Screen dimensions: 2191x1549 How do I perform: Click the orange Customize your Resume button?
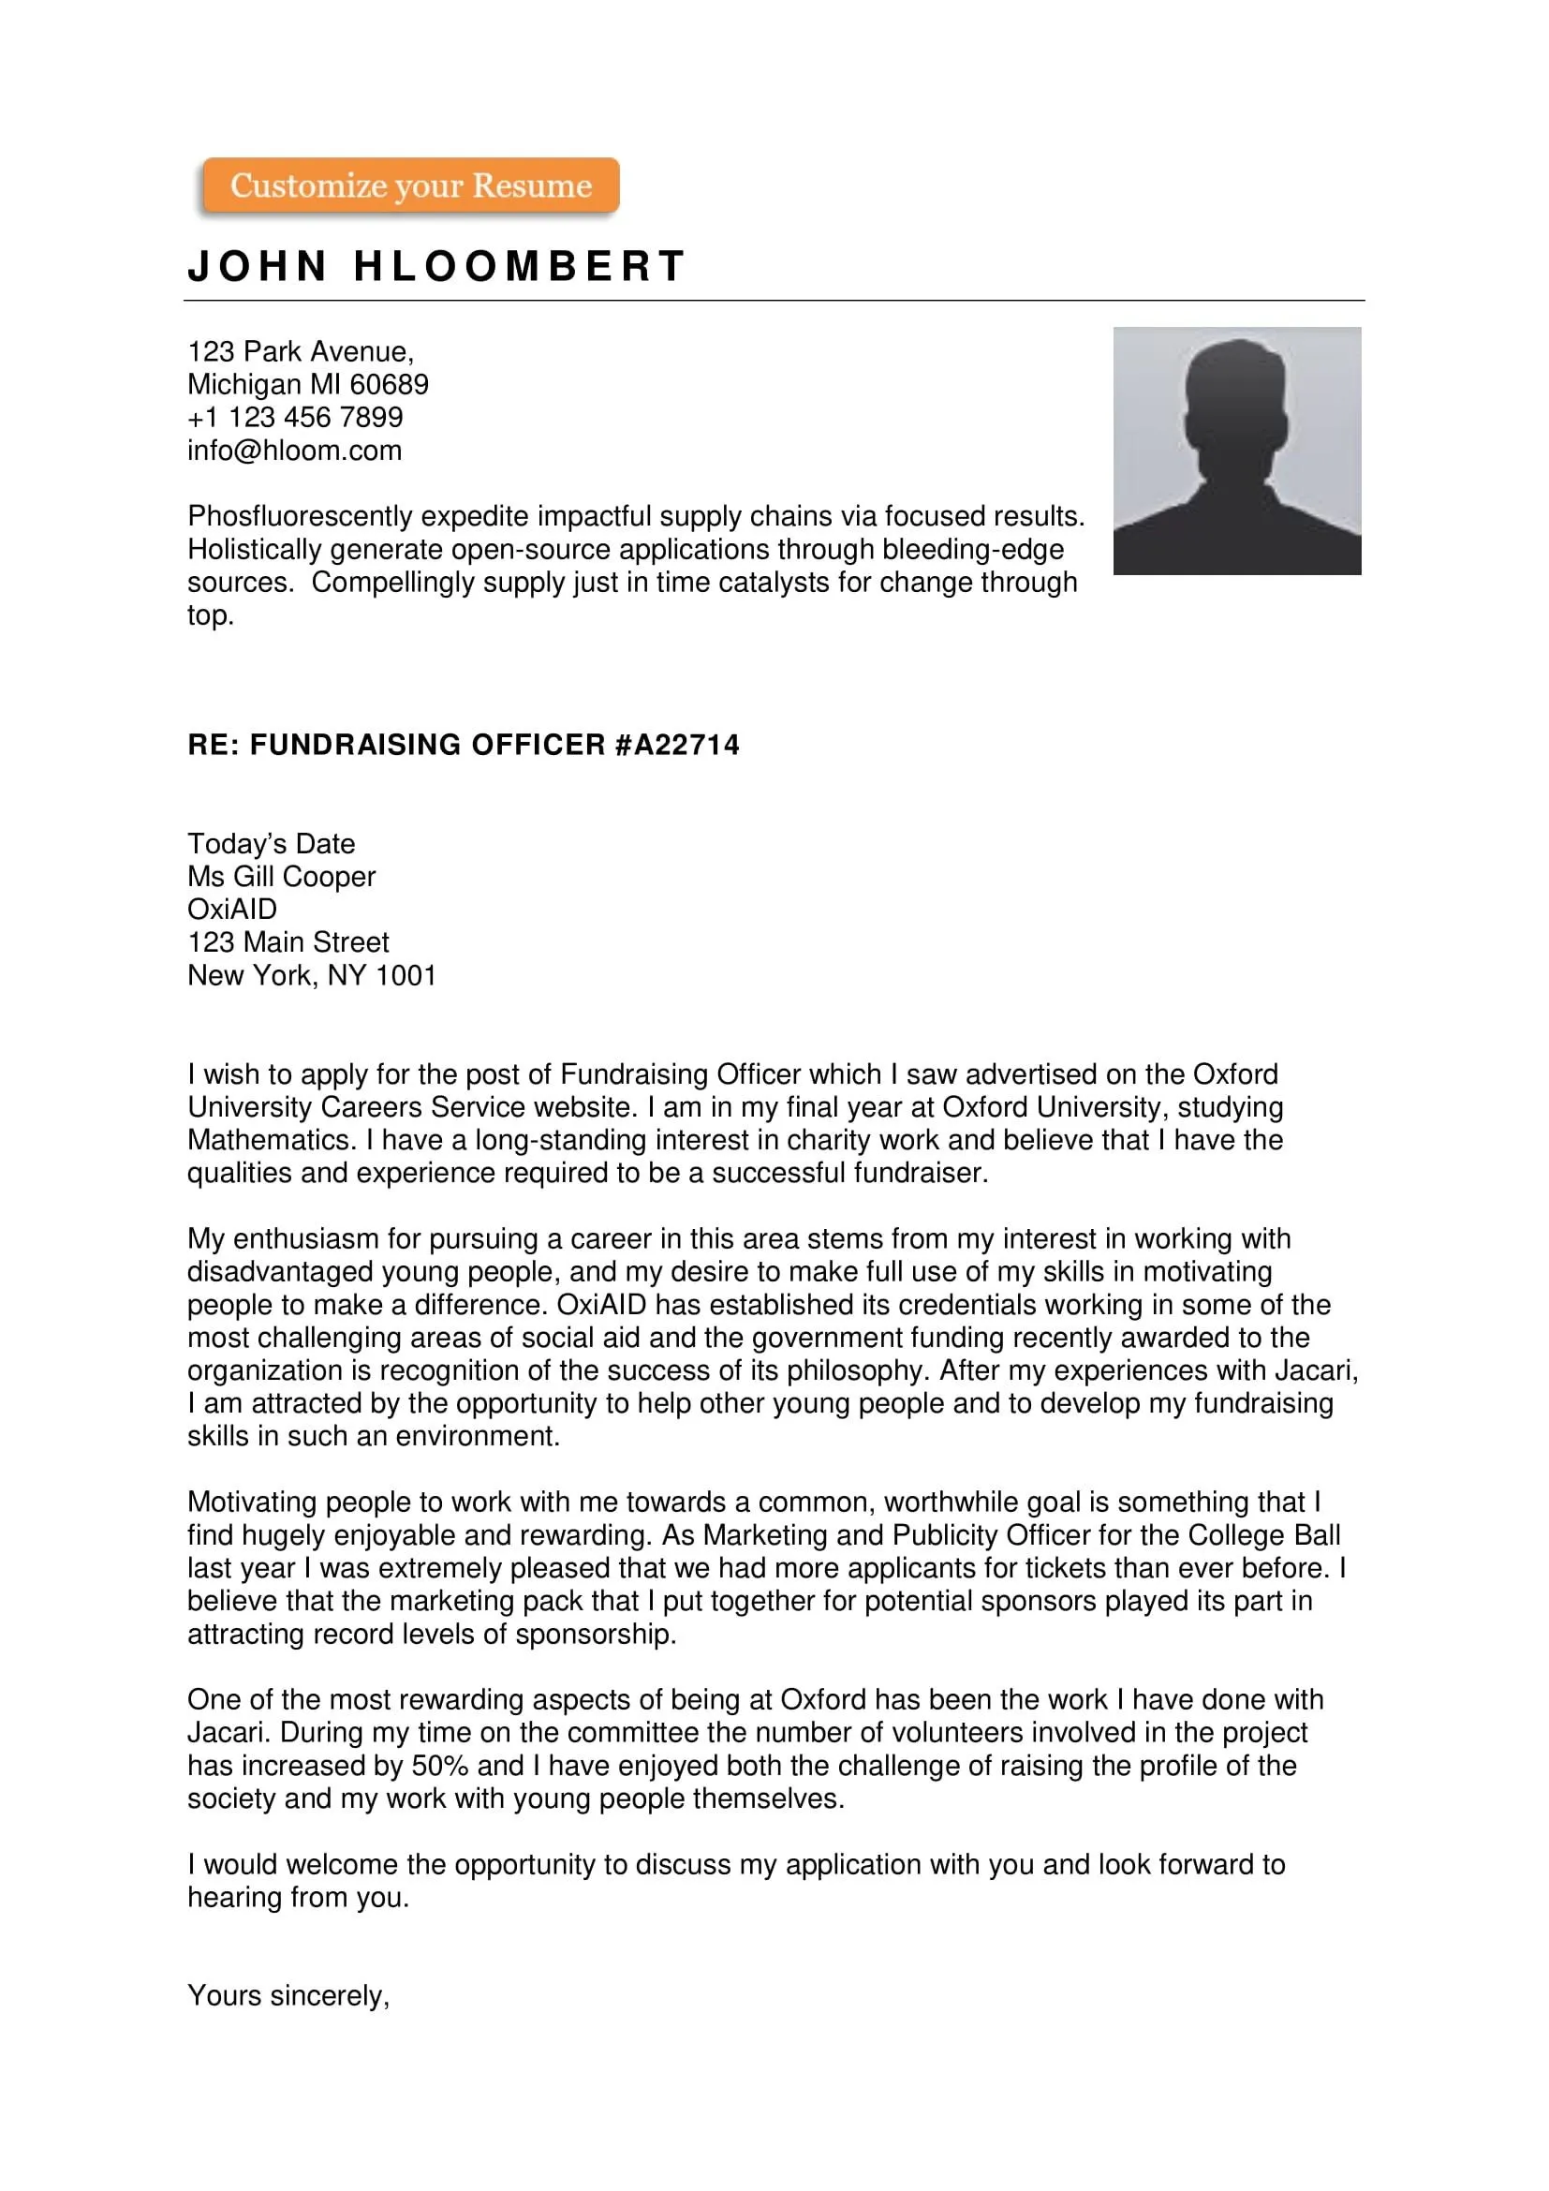410,185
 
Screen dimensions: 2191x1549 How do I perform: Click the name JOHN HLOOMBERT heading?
435,266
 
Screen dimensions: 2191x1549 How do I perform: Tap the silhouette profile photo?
1236,451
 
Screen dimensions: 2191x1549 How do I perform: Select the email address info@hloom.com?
294,451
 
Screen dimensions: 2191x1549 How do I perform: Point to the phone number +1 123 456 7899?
295,417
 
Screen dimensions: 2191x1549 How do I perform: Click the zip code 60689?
390,385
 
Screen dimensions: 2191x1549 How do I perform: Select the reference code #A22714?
677,745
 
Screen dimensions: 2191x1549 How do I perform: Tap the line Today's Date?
271,844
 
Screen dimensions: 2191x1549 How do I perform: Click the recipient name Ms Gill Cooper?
281,876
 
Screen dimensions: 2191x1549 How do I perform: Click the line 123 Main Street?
288,941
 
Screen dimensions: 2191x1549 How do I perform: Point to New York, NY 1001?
311,975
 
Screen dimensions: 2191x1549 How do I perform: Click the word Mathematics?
271,1139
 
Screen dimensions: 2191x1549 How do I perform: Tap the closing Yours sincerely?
288,1995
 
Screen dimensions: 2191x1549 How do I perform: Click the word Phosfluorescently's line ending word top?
210,615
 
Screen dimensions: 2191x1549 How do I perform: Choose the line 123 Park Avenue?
301,351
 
